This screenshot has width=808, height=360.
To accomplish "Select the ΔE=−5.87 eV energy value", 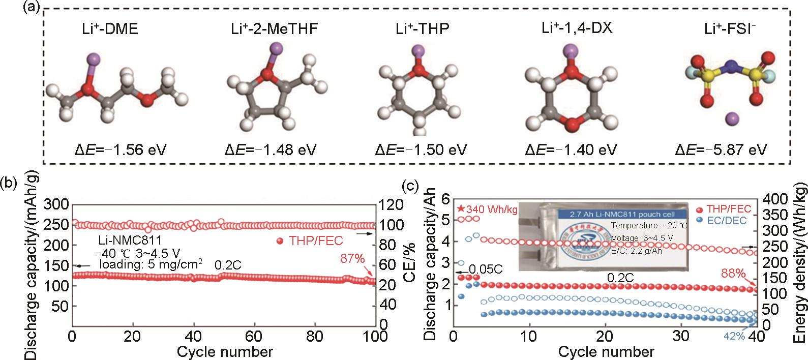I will click(721, 149).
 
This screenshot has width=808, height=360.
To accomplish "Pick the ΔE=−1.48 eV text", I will click(271, 149).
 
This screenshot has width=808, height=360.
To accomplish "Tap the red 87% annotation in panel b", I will click(353, 258).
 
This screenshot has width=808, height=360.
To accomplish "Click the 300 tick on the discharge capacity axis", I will click(56, 205).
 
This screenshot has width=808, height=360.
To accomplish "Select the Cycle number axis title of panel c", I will click(606, 351).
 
